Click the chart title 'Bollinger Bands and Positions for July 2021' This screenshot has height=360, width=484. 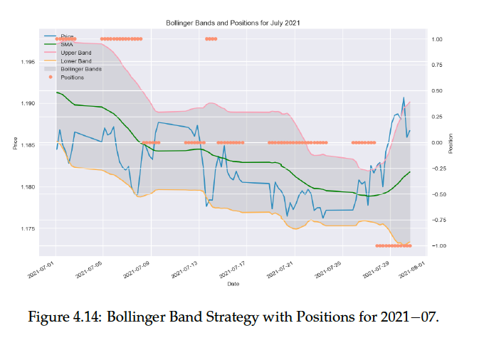pos(233,23)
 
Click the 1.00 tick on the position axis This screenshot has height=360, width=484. pos(438,39)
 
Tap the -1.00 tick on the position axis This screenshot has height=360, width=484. pos(437,246)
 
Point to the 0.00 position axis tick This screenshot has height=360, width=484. pos(438,142)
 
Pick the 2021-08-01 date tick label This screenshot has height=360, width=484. pos(413,270)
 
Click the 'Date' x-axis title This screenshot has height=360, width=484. pos(233,284)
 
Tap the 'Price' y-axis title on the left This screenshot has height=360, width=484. pos(14,142)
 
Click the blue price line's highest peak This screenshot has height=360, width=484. pos(404,97)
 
